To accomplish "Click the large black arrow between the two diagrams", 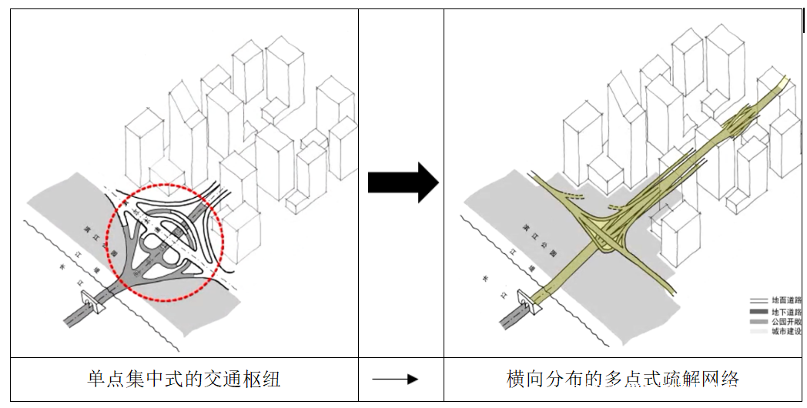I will point(402,182).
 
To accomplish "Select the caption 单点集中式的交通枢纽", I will point(184,379).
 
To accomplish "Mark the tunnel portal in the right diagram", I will point(529,300).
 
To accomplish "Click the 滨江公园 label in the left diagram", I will point(99,242).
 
